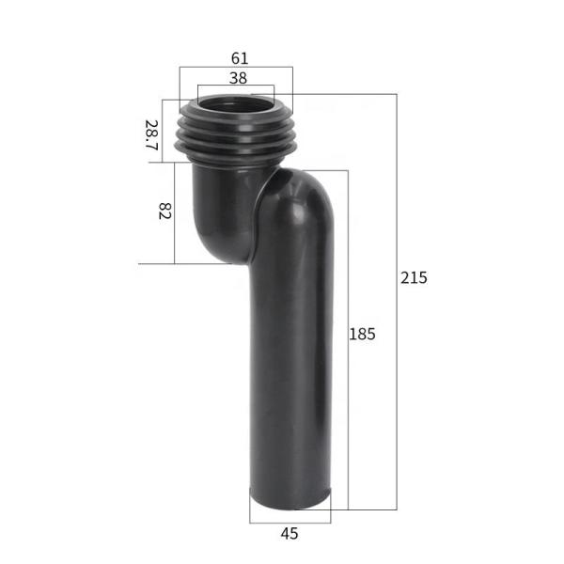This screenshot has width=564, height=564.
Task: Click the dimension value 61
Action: (x=239, y=58)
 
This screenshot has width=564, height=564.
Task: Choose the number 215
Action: (x=414, y=278)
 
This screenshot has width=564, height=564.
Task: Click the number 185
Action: (x=363, y=334)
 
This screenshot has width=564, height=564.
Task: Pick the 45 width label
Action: (x=290, y=534)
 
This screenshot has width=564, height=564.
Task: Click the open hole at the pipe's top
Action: (x=236, y=102)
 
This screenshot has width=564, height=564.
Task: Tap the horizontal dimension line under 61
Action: (x=235, y=68)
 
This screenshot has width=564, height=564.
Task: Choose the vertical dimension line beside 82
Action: (x=175, y=211)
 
